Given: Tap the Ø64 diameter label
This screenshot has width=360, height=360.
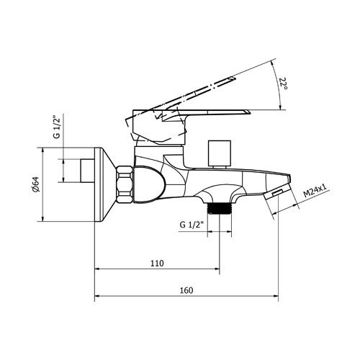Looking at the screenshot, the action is point(35,184).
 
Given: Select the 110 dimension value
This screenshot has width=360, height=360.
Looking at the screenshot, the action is point(157,264).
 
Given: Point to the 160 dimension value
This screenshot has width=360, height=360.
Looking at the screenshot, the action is point(186,290).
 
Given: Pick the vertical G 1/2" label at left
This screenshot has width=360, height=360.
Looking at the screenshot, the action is point(56,127).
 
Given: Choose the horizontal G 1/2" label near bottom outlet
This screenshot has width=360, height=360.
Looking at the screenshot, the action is point(192,225).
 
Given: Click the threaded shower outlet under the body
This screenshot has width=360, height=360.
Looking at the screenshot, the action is point(220,208).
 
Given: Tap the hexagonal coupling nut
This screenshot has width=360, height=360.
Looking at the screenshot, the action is point(125,184).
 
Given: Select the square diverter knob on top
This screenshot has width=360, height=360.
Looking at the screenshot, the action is point(220,153).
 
